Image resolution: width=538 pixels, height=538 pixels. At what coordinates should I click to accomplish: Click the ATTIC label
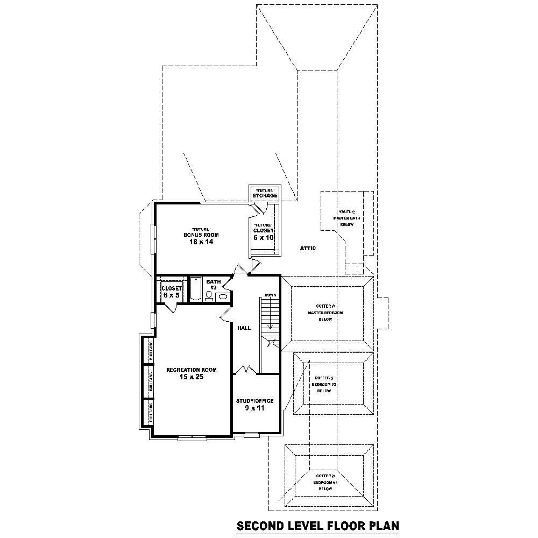point(308,249)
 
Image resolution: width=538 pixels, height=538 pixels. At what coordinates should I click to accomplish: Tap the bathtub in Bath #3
point(196,289)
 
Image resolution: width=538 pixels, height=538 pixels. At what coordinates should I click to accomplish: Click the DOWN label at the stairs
point(270,295)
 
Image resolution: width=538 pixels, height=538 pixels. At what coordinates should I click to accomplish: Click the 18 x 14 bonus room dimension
point(201,242)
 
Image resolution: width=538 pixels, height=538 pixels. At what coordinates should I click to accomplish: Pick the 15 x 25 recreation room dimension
point(191,377)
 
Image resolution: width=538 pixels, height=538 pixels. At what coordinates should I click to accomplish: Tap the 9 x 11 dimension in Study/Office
point(254,408)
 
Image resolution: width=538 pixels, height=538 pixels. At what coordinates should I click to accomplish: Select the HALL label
point(244,328)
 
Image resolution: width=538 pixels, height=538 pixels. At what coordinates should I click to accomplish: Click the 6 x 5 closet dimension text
point(171,295)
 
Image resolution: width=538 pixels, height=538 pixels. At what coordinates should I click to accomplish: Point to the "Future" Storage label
point(265,193)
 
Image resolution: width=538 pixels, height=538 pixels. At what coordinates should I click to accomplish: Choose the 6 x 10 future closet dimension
point(264,237)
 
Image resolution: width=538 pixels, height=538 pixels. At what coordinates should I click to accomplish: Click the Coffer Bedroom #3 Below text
point(326,483)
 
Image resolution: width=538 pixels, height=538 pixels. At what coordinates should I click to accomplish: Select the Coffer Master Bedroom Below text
point(325,313)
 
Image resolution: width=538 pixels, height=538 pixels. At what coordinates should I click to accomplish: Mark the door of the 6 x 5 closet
point(172,307)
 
